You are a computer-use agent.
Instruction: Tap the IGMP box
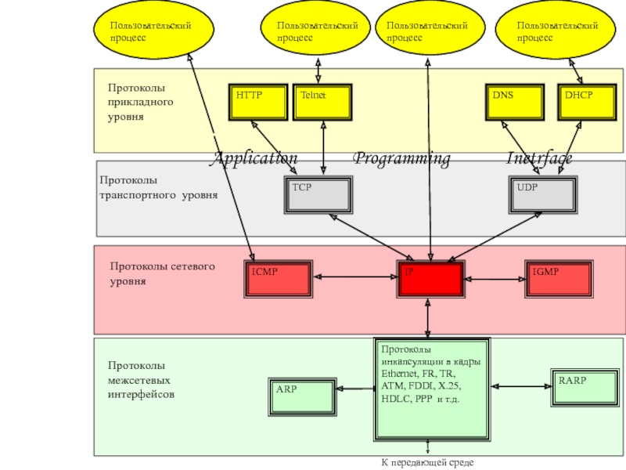558,278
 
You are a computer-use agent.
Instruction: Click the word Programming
401,159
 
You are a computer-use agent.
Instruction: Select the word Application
255,159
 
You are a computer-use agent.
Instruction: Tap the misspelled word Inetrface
539,159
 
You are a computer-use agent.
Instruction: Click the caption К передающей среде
427,463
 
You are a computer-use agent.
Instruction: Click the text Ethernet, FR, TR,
416,374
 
